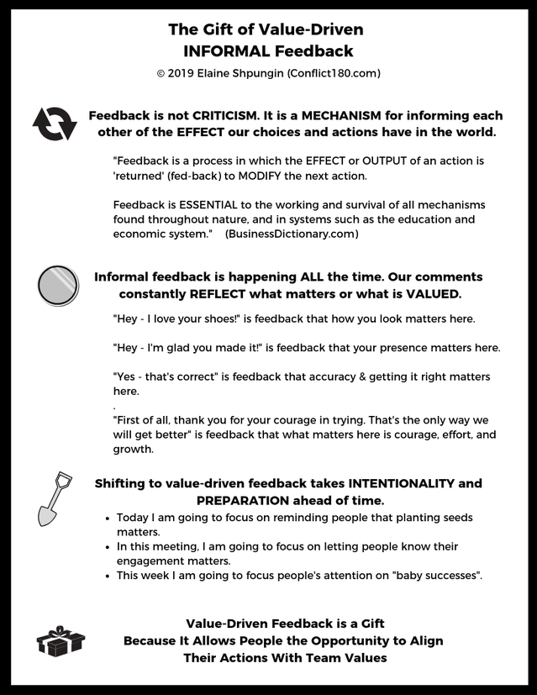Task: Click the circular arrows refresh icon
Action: (55, 124)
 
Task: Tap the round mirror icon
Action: (58, 286)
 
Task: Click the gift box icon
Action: (60, 641)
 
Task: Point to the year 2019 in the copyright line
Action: (182, 73)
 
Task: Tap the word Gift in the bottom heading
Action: (362, 623)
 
